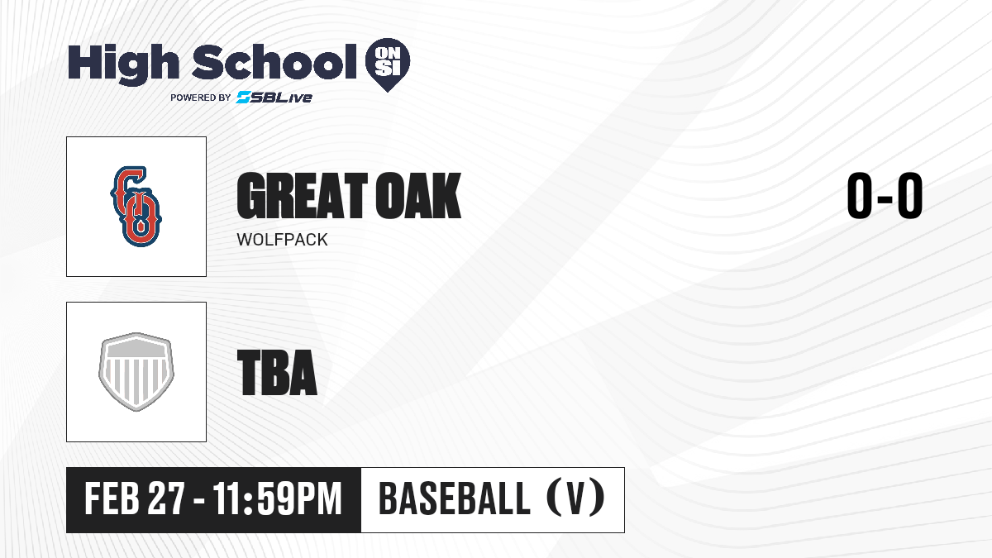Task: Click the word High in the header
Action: (123, 64)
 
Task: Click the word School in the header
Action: (274, 62)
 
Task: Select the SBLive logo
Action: (274, 98)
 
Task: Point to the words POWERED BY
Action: (201, 98)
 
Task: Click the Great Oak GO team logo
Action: (136, 207)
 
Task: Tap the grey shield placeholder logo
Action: (136, 372)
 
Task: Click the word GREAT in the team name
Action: (302, 196)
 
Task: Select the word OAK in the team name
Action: (418, 196)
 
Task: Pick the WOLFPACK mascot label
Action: (282, 240)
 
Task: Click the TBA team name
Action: (277, 373)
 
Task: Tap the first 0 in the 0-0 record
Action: (860, 196)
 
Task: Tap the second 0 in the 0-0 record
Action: (910, 196)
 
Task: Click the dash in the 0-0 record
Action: (885, 198)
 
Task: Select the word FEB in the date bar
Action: (112, 498)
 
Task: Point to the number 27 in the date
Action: (165, 498)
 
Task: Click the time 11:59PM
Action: (277, 498)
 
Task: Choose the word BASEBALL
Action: (455, 498)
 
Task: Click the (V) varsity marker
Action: (575, 498)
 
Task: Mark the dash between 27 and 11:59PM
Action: (199, 502)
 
